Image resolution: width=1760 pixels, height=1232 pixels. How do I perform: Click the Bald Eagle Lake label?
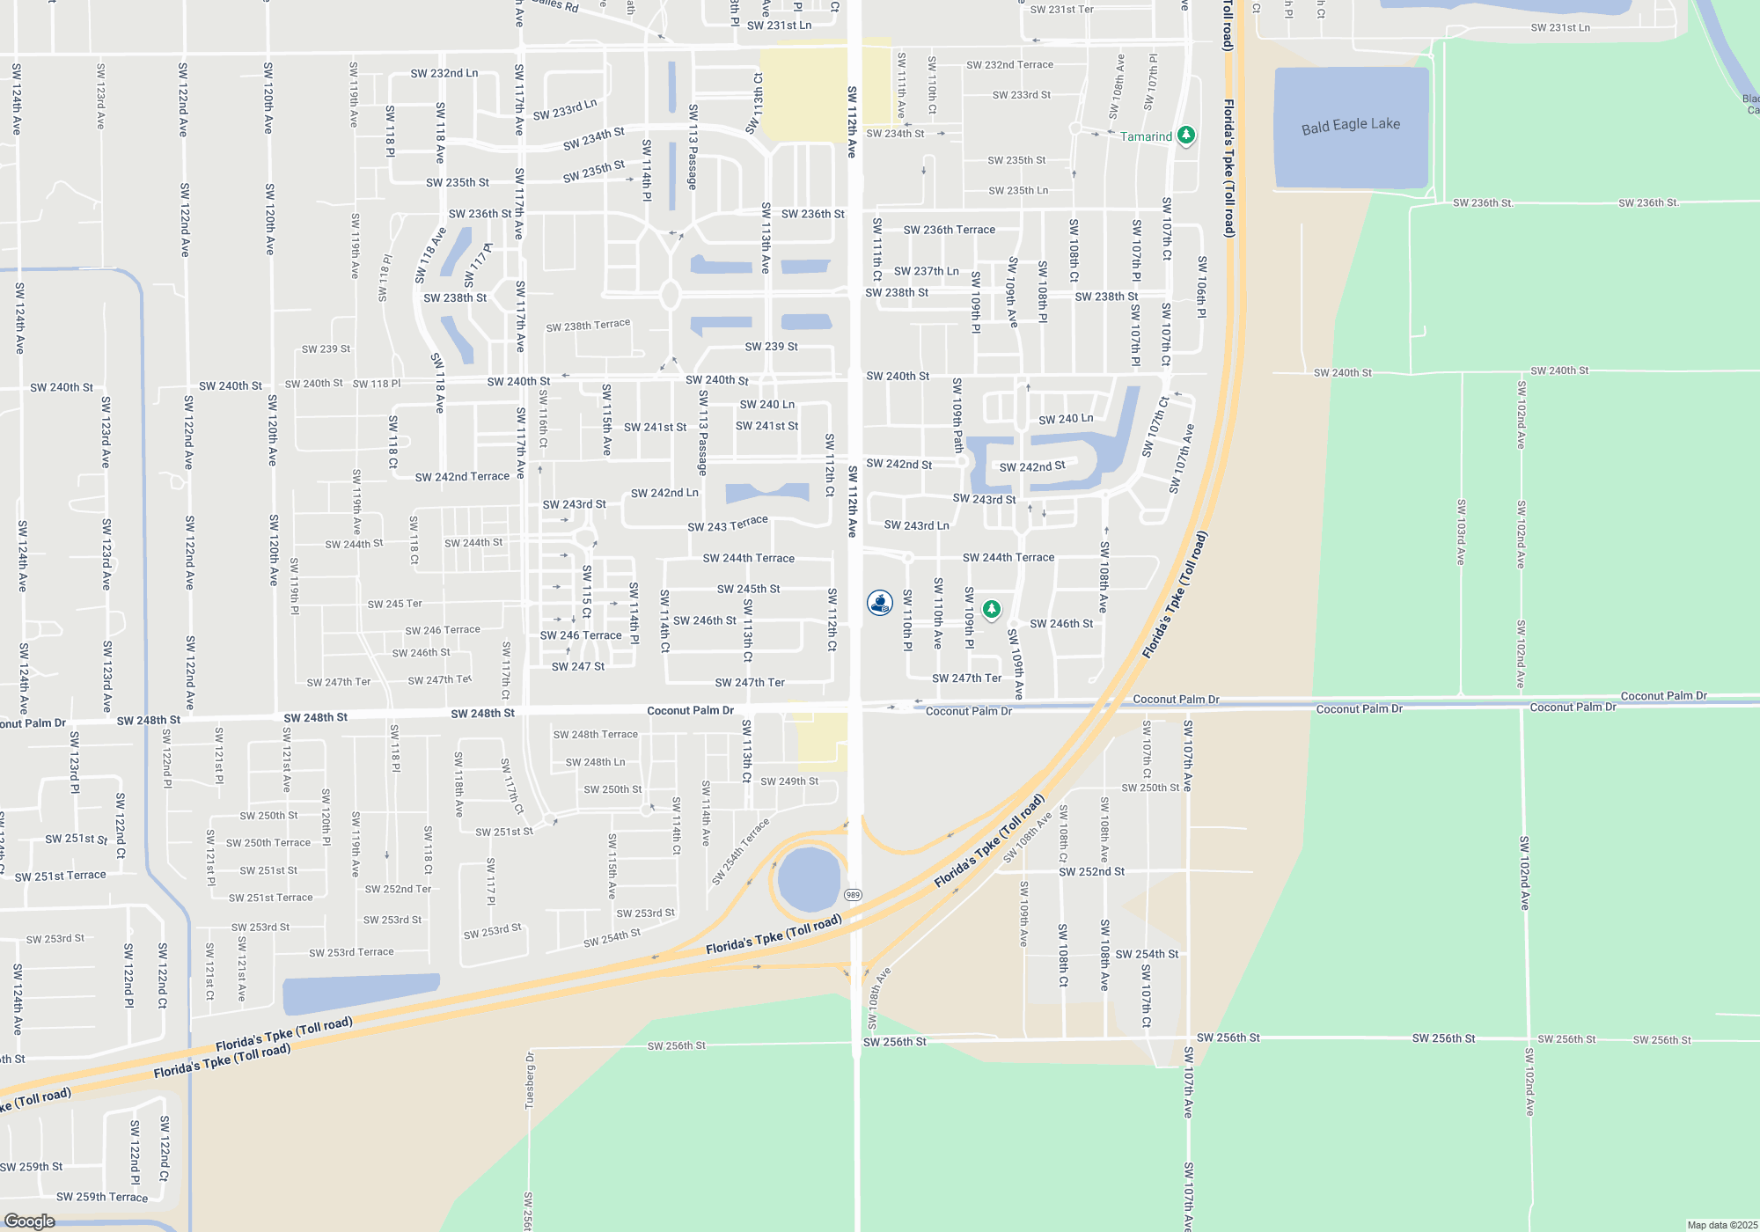[1350, 125]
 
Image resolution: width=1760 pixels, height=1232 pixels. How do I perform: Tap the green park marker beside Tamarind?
[1185, 136]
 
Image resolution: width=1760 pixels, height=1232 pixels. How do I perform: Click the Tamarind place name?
[1146, 136]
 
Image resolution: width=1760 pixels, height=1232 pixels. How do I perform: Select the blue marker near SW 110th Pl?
[879, 603]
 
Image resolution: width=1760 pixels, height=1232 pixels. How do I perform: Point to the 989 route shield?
[853, 895]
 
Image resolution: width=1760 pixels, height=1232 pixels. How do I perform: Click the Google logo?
[30, 1221]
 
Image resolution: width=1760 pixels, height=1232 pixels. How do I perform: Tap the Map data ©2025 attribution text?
[1722, 1225]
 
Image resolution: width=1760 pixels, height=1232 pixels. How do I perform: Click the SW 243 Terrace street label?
[728, 524]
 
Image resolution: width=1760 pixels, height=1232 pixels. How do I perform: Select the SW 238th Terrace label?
[588, 326]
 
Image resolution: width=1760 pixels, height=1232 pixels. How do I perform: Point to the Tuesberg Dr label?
[530, 1081]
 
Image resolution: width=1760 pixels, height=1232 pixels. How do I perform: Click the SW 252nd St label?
[1091, 872]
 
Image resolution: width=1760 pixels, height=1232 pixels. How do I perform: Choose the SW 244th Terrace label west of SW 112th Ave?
[748, 558]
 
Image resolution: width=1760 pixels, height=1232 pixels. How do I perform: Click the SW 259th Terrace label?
[102, 1197]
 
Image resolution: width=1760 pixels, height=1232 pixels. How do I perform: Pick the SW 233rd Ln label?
[565, 110]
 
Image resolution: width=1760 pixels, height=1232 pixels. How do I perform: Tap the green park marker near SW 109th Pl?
[992, 609]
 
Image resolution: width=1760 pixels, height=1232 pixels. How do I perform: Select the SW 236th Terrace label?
[950, 230]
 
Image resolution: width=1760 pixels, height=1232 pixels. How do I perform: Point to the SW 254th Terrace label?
[741, 851]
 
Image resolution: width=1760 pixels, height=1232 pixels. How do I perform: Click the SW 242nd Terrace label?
[462, 477]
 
